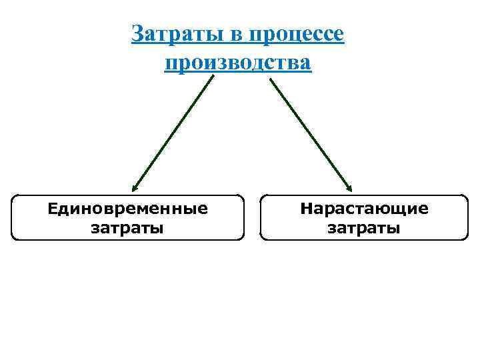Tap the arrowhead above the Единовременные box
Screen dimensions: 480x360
point(135,188)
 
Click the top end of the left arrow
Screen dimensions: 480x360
point(214,77)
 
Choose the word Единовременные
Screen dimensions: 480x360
point(127,209)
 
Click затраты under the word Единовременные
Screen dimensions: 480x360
point(127,228)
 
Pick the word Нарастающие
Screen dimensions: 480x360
point(365,209)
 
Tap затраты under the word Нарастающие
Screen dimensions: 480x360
point(365,228)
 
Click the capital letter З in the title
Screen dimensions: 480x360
point(138,33)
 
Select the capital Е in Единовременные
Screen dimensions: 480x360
point(53,209)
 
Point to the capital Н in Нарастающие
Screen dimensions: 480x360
point(306,209)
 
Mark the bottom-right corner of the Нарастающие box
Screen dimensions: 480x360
point(467,238)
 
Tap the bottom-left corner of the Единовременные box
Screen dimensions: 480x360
point(13,238)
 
